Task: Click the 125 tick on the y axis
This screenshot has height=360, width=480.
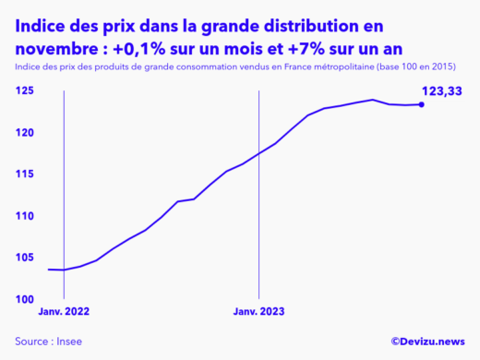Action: click(26, 90)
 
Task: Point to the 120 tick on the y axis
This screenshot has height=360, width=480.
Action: click(26, 133)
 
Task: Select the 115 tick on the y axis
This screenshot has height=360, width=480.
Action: click(26, 174)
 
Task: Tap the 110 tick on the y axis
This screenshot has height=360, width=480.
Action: click(26, 216)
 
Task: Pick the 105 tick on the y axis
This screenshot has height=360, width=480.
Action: click(26, 258)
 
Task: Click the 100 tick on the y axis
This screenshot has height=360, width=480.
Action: click(26, 299)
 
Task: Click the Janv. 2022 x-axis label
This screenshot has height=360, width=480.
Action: click(64, 312)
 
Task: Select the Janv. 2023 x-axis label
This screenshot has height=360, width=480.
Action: click(259, 312)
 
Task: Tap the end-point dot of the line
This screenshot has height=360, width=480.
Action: click(422, 104)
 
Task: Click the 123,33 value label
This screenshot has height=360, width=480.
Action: click(444, 90)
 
